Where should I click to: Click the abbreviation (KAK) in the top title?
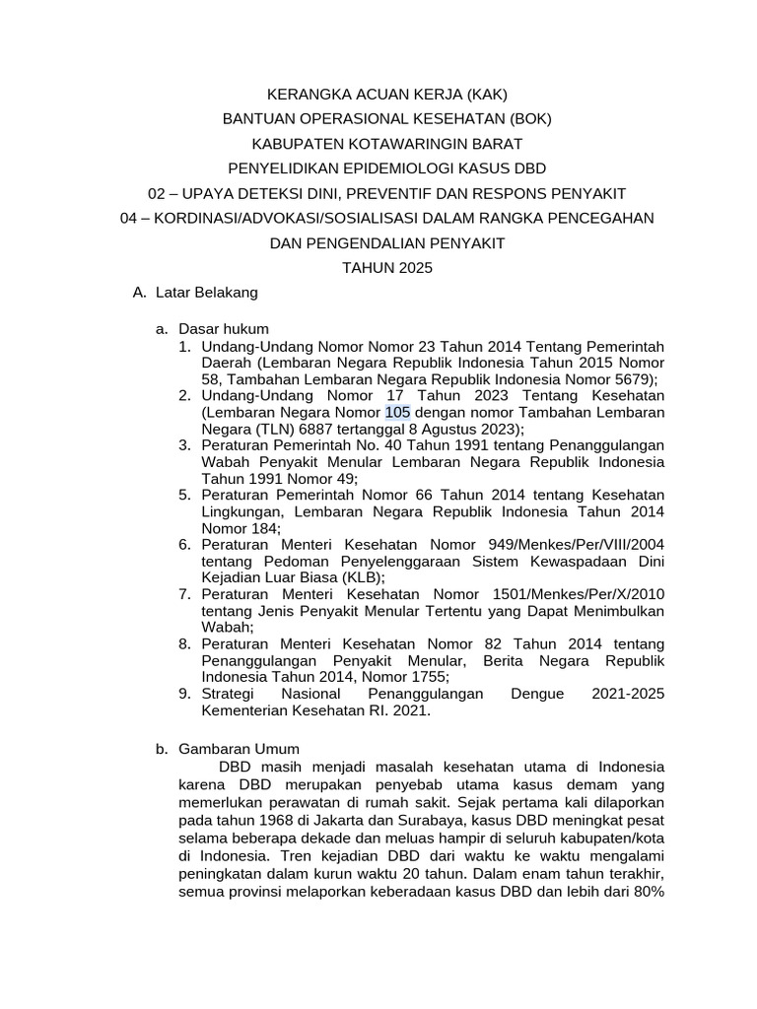484,96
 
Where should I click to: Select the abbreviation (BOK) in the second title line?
523,119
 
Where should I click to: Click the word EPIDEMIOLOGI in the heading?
387,168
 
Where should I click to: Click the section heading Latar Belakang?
212,293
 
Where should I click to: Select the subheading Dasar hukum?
224,328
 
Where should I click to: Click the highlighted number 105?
397,412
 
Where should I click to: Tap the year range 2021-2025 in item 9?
628,695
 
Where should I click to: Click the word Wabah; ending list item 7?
228,627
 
